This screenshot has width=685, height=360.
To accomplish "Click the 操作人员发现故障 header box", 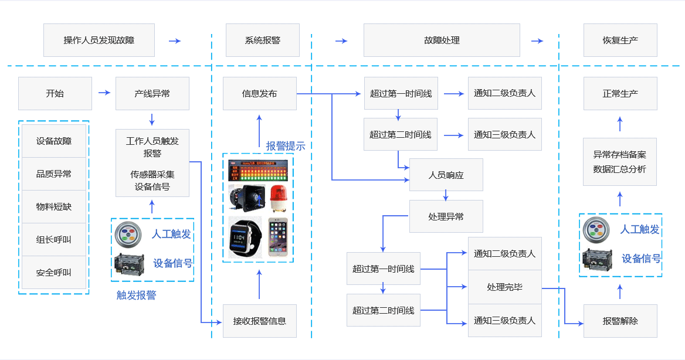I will [x=99, y=40].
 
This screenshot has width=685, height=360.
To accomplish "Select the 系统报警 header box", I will [x=262, y=40].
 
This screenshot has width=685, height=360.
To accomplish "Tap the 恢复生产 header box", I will [x=620, y=40].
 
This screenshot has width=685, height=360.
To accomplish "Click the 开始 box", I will [x=55, y=93].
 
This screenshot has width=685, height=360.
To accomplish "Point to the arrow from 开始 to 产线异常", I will [x=104, y=93].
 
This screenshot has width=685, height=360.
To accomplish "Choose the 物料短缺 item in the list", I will [x=54, y=207].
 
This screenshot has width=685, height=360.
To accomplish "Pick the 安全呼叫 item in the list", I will [x=54, y=273].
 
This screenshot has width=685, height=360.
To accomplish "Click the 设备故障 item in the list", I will [x=54, y=141].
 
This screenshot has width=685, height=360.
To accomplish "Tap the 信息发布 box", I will [x=259, y=93].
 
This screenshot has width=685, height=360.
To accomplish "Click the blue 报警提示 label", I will [x=286, y=146].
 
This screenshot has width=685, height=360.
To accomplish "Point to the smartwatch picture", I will [x=244, y=236].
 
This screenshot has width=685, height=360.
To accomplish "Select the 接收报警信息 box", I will [x=259, y=321].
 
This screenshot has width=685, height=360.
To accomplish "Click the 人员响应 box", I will [x=446, y=175].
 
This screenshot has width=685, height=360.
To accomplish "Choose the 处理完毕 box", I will [x=504, y=287].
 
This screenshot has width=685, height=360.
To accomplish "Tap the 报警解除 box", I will [x=620, y=321].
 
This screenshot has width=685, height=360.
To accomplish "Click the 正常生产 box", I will [x=620, y=93].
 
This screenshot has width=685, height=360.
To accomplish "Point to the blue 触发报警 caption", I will [x=136, y=295].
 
